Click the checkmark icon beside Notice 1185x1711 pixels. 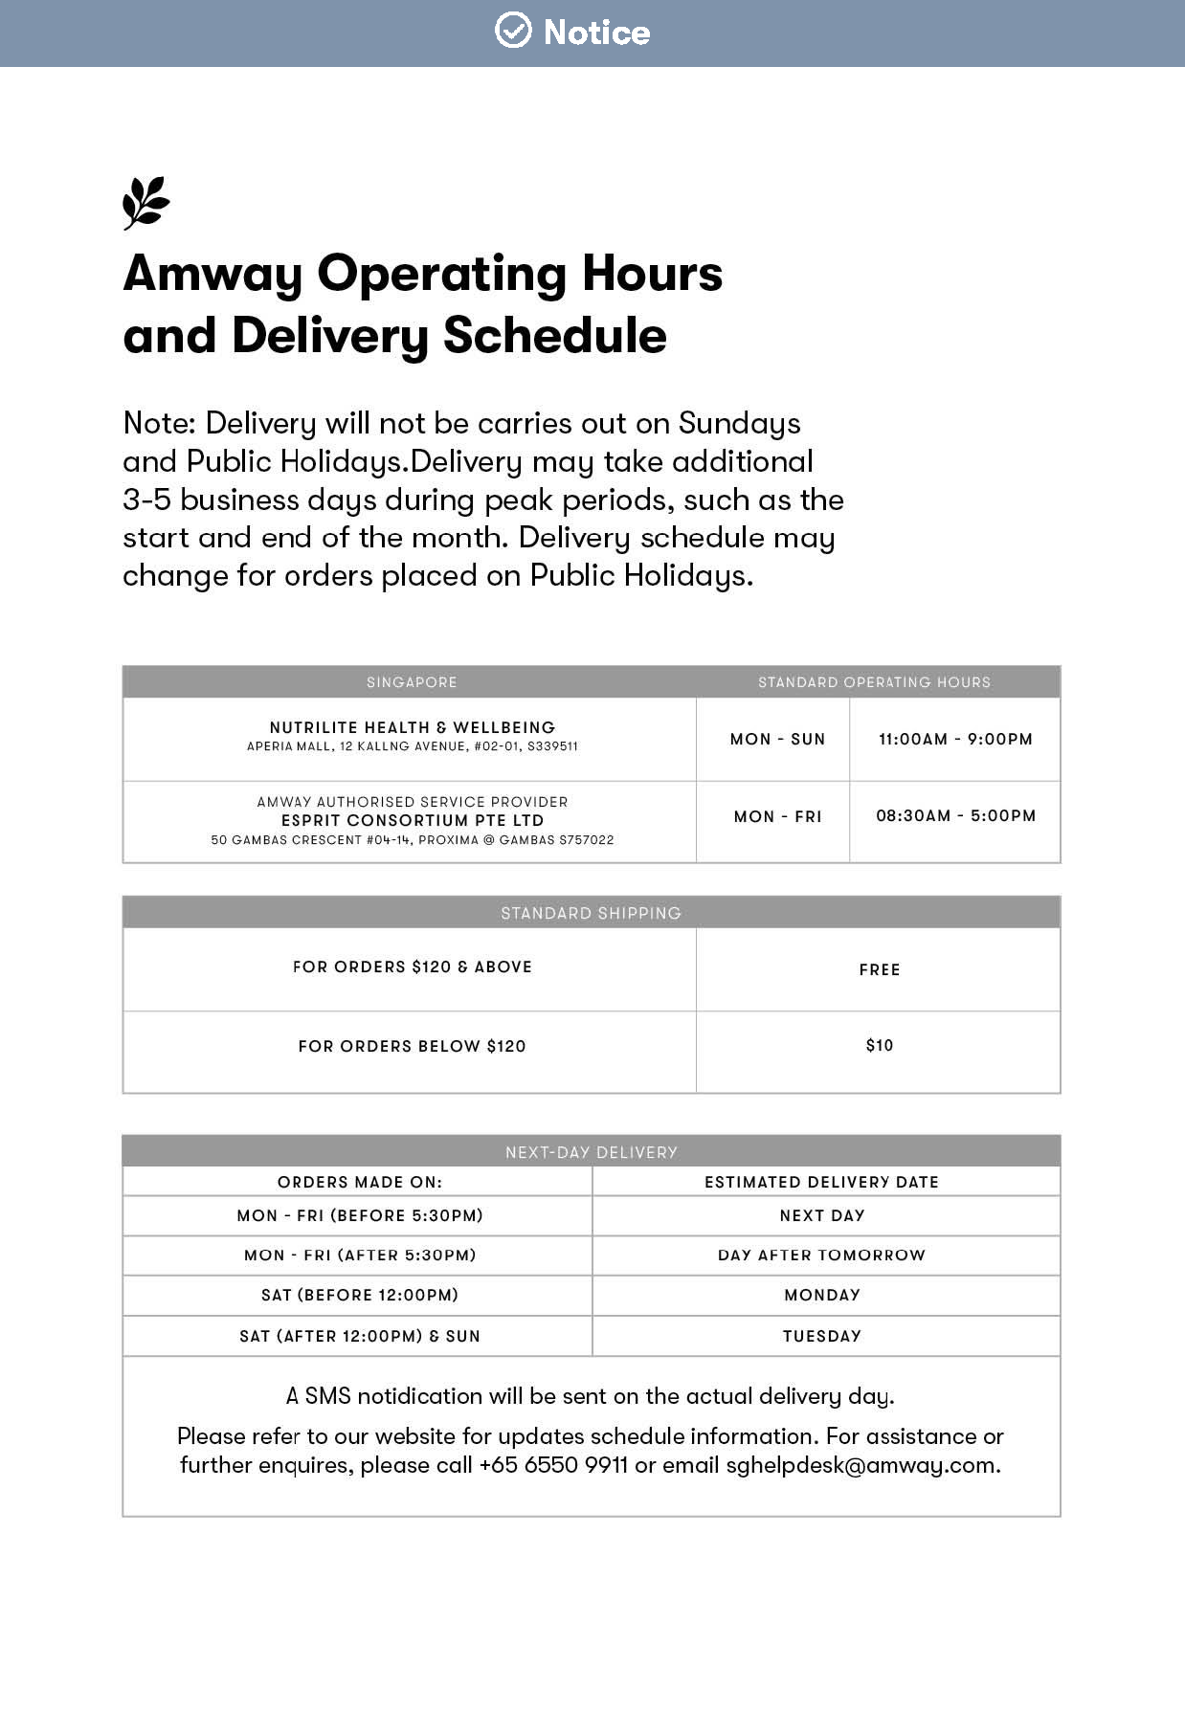click(x=513, y=31)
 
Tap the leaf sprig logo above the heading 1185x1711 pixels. click(x=145, y=203)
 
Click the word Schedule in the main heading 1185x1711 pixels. click(x=554, y=336)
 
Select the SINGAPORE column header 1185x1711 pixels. click(x=412, y=682)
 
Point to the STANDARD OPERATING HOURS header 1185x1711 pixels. click(x=874, y=682)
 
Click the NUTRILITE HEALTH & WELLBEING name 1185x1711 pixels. click(x=412, y=727)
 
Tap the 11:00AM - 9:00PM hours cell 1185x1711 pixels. click(x=955, y=739)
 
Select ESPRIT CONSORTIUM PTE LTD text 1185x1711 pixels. click(x=412, y=820)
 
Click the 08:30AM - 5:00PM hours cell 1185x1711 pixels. click(x=955, y=816)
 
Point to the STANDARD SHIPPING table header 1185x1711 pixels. click(x=591, y=913)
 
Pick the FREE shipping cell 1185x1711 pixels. click(x=880, y=969)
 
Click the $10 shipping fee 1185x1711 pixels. click(x=880, y=1045)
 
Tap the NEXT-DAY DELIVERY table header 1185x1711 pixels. click(x=591, y=1152)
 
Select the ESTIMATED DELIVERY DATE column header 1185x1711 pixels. click(x=821, y=1182)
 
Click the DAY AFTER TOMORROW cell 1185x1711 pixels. click(x=821, y=1255)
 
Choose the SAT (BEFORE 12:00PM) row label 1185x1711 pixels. click(x=360, y=1295)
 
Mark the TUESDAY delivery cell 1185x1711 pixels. click(x=821, y=1336)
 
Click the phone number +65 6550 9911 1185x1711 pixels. click(x=553, y=1465)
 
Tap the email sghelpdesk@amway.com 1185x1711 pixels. click(x=861, y=1465)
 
